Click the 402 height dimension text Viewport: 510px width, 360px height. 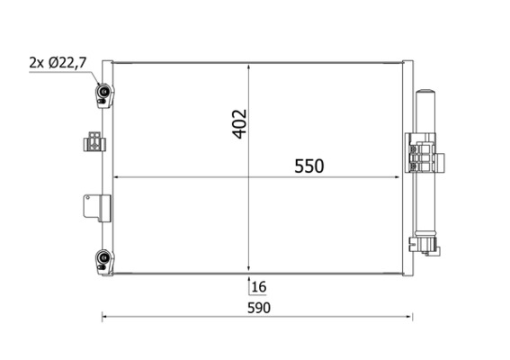click(239, 124)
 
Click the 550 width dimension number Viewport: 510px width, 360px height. click(306, 166)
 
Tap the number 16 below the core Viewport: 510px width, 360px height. click(259, 287)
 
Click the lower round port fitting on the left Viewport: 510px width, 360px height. click(104, 261)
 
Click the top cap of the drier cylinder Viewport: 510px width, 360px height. click(425, 94)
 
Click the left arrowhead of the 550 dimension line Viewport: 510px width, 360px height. click(113, 177)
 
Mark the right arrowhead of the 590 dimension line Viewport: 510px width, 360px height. click(411, 317)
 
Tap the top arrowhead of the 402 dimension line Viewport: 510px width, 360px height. click(250, 65)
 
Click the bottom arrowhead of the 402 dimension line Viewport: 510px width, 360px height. click(250, 267)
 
